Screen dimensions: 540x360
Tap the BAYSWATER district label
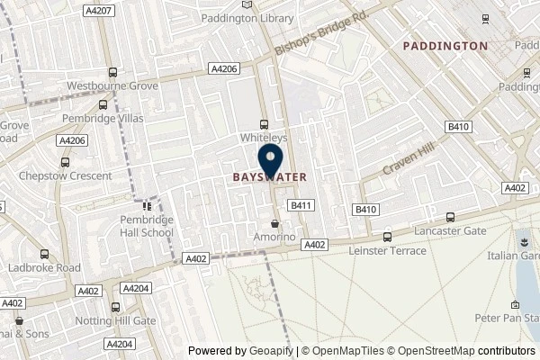[x=270, y=177]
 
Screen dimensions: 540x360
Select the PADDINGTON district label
[x=445, y=45]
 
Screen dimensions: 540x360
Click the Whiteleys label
[x=263, y=138]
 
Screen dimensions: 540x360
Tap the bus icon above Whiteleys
[x=263, y=124]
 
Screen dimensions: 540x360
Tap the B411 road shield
[x=300, y=205]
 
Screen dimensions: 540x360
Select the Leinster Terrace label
[x=387, y=251]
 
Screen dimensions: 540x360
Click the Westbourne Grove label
[x=113, y=86]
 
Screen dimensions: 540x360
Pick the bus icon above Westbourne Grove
[x=112, y=73]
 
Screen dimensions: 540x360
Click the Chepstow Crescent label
[x=65, y=175]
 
